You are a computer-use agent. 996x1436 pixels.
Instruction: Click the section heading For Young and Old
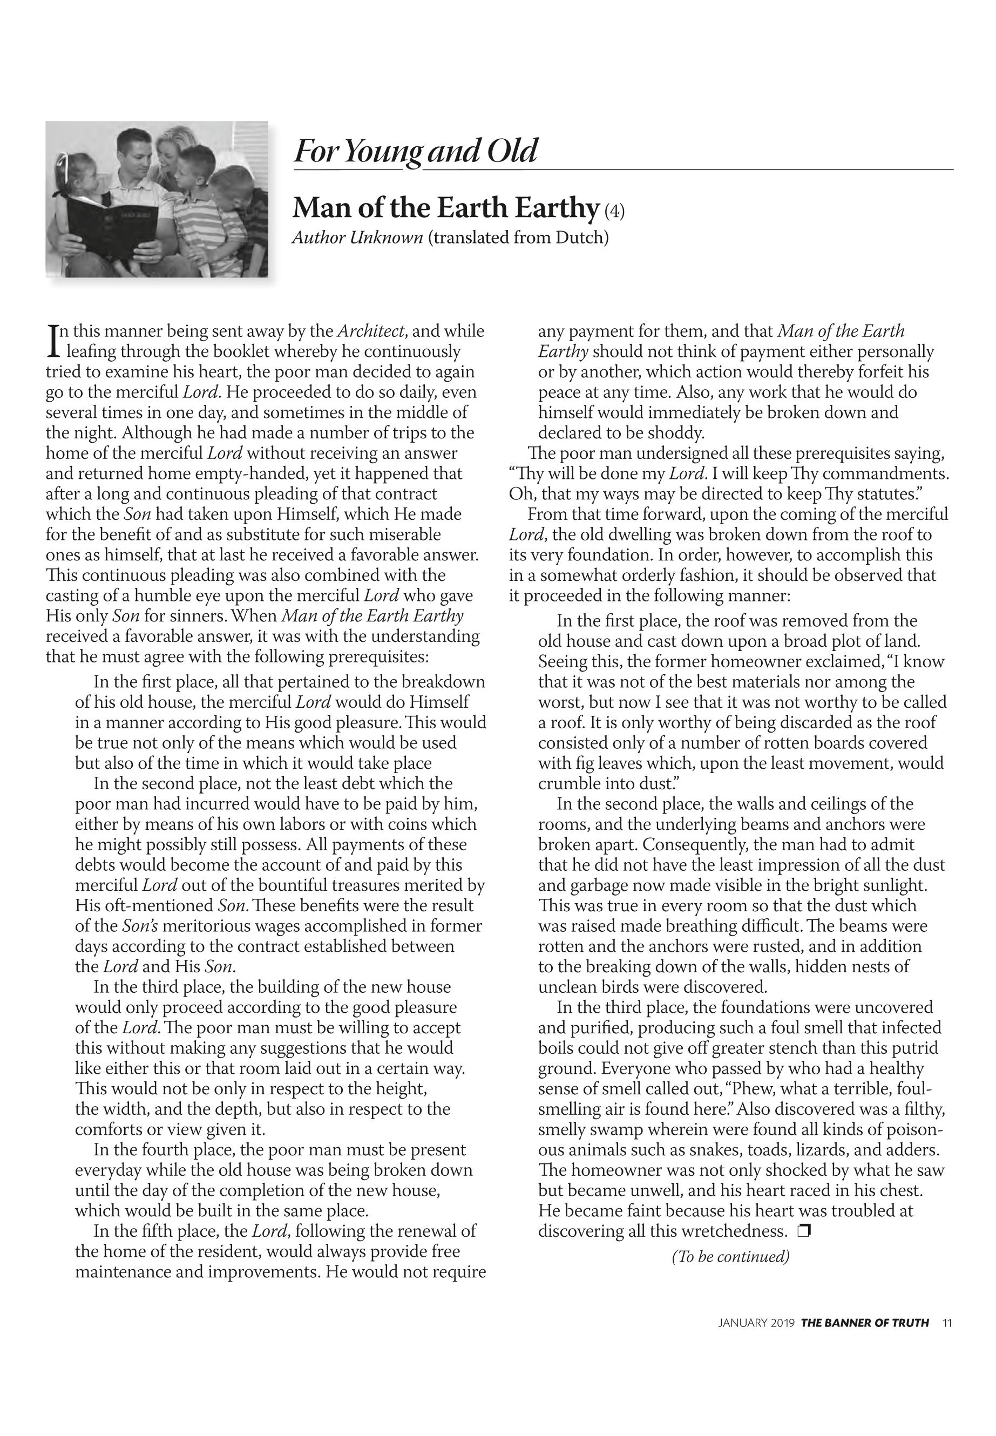[415, 151]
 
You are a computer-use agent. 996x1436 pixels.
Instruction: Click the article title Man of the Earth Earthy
[445, 208]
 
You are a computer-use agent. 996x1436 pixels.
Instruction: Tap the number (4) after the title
[614, 211]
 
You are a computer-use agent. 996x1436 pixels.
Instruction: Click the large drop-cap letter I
[53, 340]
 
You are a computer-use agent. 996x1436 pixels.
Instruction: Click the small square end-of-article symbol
[804, 1231]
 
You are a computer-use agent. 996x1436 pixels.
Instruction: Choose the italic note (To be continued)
[730, 1256]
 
